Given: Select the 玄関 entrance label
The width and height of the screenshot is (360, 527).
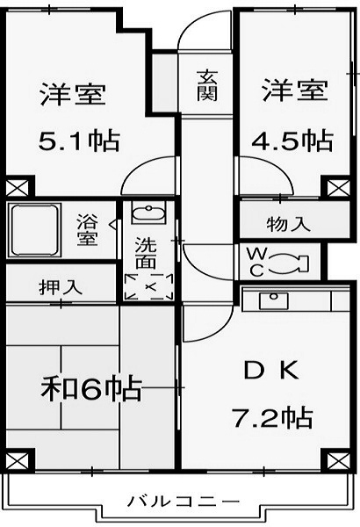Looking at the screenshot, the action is (x=207, y=86).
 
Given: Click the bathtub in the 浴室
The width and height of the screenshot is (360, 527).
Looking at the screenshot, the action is (x=34, y=230).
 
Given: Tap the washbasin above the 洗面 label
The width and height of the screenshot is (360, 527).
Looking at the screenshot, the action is (x=148, y=213).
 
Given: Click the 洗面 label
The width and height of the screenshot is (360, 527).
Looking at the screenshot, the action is (x=147, y=253).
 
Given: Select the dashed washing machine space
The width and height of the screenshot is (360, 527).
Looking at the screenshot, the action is (x=148, y=286).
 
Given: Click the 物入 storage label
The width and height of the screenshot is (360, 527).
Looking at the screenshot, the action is (x=289, y=224).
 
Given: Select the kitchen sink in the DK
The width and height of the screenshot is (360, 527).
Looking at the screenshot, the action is (x=274, y=300).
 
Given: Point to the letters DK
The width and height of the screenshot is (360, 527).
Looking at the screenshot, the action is (x=271, y=370).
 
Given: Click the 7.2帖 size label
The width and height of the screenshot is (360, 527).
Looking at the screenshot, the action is (x=272, y=417).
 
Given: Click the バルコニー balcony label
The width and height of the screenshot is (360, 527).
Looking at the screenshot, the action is (x=184, y=502).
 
